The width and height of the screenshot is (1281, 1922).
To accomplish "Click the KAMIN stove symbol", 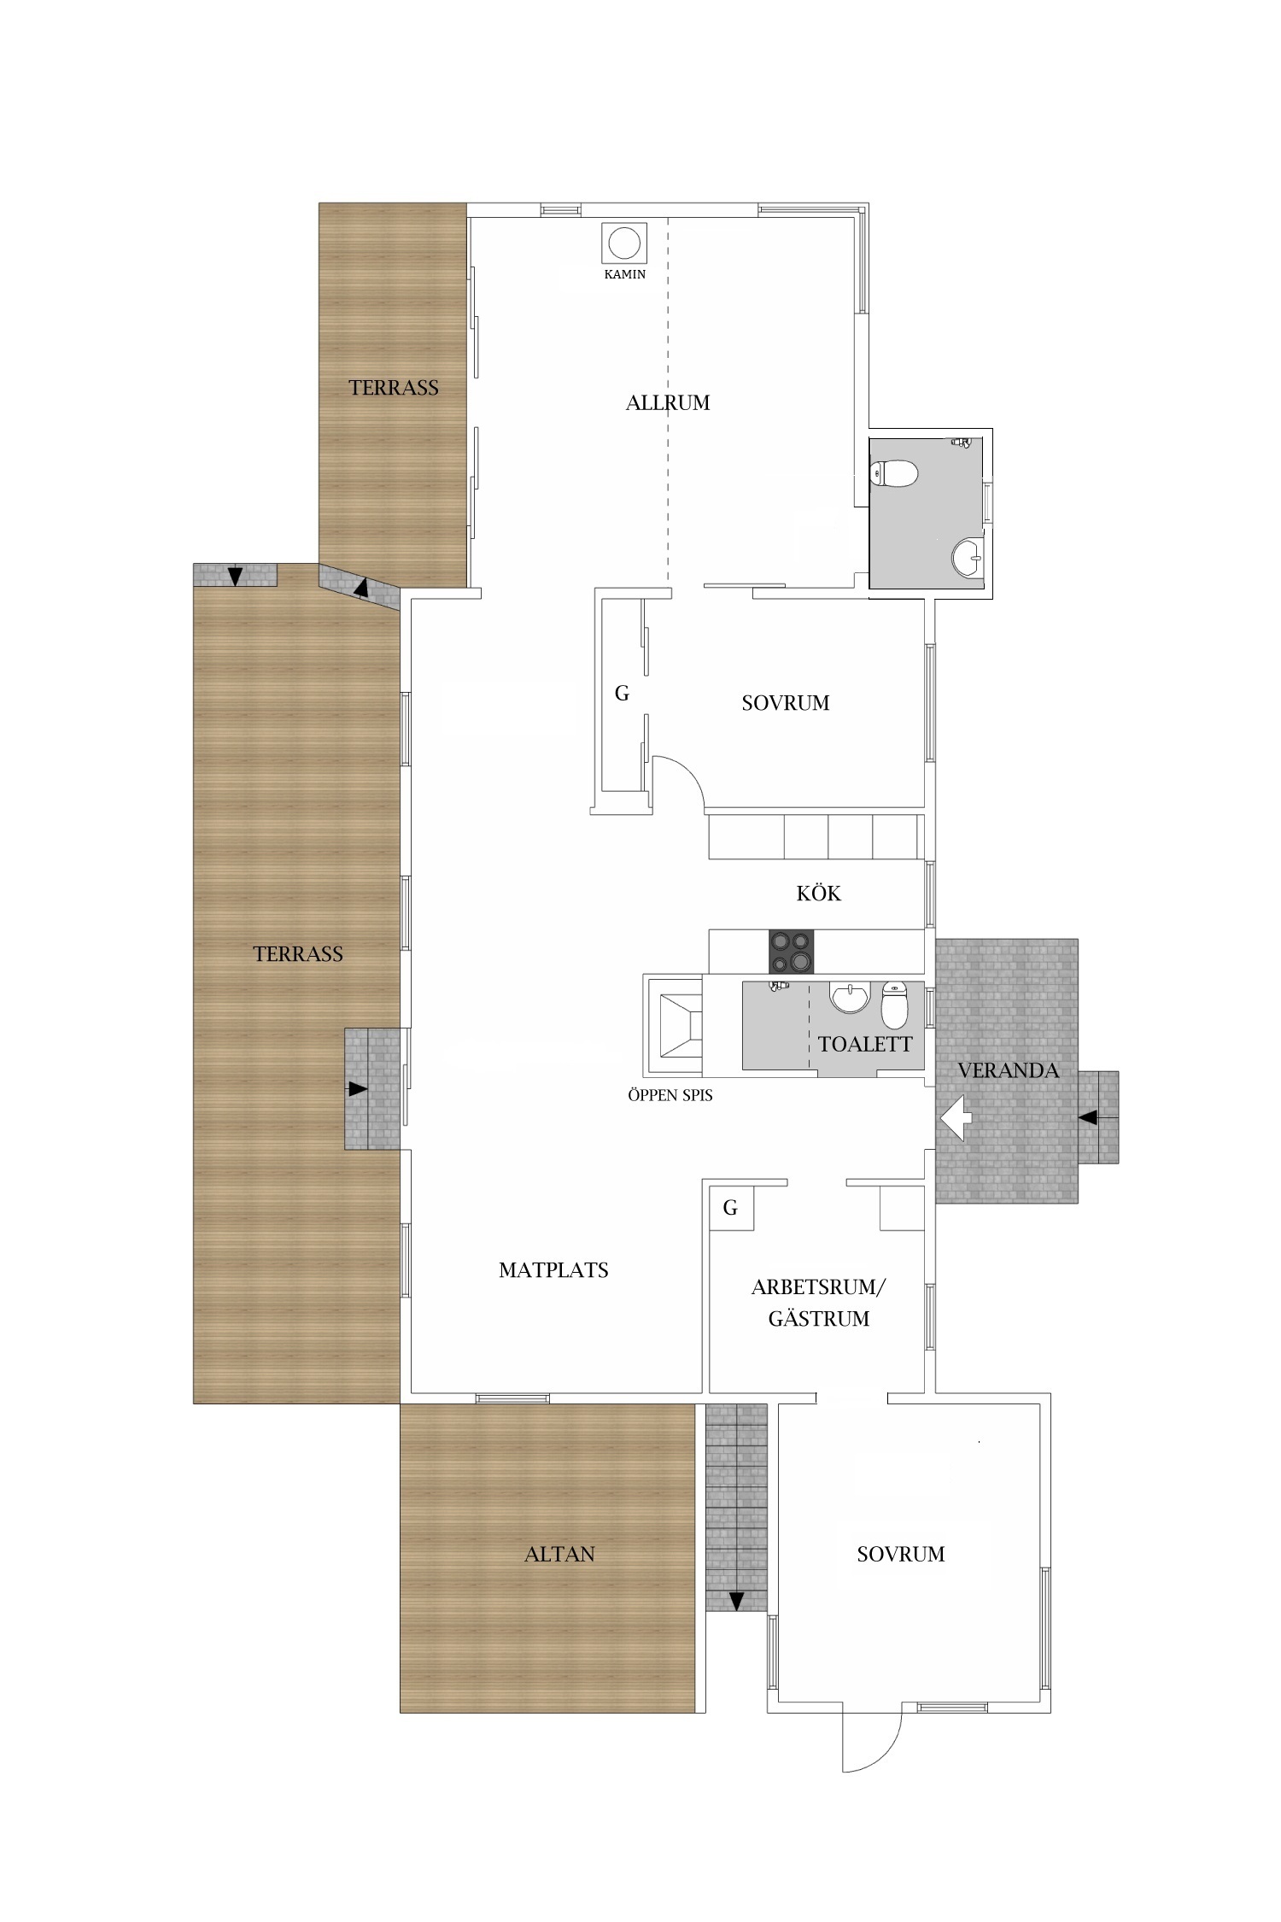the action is pyautogui.click(x=623, y=243).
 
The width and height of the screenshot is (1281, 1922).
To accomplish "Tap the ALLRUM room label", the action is pyautogui.click(x=668, y=402).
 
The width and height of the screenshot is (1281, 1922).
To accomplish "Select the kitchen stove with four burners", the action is pyautogui.click(x=792, y=951).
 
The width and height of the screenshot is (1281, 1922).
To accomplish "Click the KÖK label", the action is pyautogui.click(x=819, y=893).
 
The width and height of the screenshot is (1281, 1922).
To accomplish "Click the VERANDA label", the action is pyautogui.click(x=1008, y=1070).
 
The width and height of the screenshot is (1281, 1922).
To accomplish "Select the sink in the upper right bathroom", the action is pyautogui.click(x=968, y=558).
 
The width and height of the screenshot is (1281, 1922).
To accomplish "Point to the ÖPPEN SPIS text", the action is pyautogui.click(x=670, y=1095).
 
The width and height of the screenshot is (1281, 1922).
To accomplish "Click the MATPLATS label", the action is pyautogui.click(x=553, y=1270).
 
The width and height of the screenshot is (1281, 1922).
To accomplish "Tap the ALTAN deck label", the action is pyautogui.click(x=559, y=1554).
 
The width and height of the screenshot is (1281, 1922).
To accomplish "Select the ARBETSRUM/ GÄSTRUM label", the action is pyautogui.click(x=819, y=1303).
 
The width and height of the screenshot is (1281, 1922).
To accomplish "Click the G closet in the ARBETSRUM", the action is pyautogui.click(x=731, y=1208).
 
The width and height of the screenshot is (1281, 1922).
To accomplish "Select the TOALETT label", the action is pyautogui.click(x=865, y=1044).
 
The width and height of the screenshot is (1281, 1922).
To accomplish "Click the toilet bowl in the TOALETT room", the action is pyautogui.click(x=894, y=1005).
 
